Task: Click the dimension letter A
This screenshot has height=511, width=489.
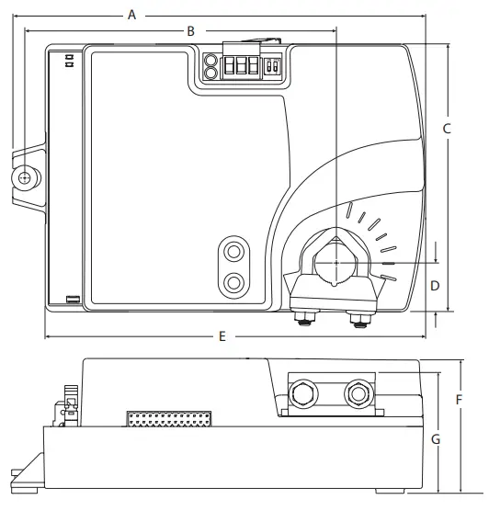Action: [131, 14]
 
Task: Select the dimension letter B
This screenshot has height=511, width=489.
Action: [190, 30]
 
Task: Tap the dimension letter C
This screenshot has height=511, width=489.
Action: [447, 129]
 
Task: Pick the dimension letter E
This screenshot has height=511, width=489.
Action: [222, 336]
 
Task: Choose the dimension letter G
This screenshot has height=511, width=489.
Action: [436, 439]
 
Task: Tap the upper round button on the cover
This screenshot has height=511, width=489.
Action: [234, 251]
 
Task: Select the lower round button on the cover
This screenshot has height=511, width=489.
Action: [234, 281]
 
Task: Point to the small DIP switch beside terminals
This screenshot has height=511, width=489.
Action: [270, 67]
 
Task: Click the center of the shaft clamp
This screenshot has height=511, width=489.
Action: [335, 263]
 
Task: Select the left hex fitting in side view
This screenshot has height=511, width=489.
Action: [301, 395]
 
